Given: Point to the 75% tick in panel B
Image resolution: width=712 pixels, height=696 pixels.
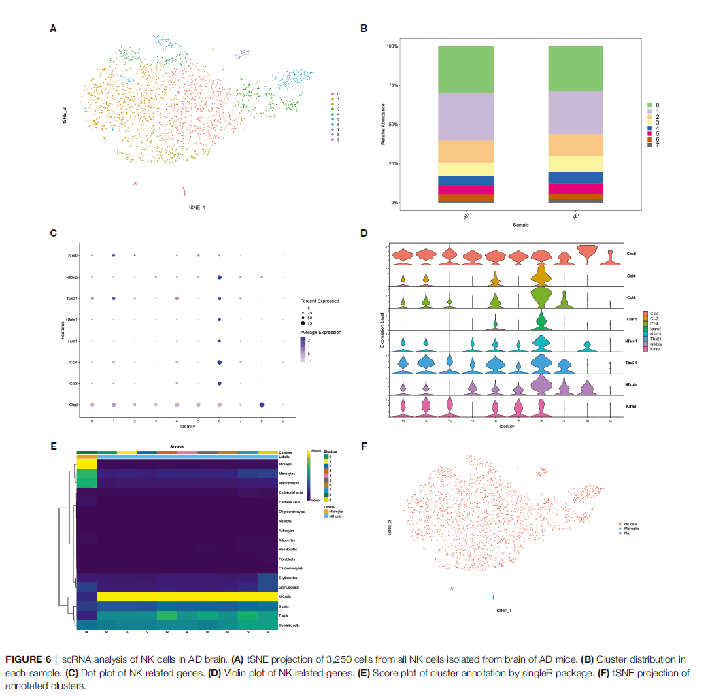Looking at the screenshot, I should (x=392, y=85).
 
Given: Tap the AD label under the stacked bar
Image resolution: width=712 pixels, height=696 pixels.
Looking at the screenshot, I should (x=466, y=216).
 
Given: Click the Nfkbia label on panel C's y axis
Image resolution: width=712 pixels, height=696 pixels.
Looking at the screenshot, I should (x=73, y=277).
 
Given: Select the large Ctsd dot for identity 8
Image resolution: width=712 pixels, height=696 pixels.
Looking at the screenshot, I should (x=262, y=405).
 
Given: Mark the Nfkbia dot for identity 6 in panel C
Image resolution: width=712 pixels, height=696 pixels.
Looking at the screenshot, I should (x=219, y=278).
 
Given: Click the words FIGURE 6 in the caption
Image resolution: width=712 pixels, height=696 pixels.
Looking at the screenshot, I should (x=28, y=659).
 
